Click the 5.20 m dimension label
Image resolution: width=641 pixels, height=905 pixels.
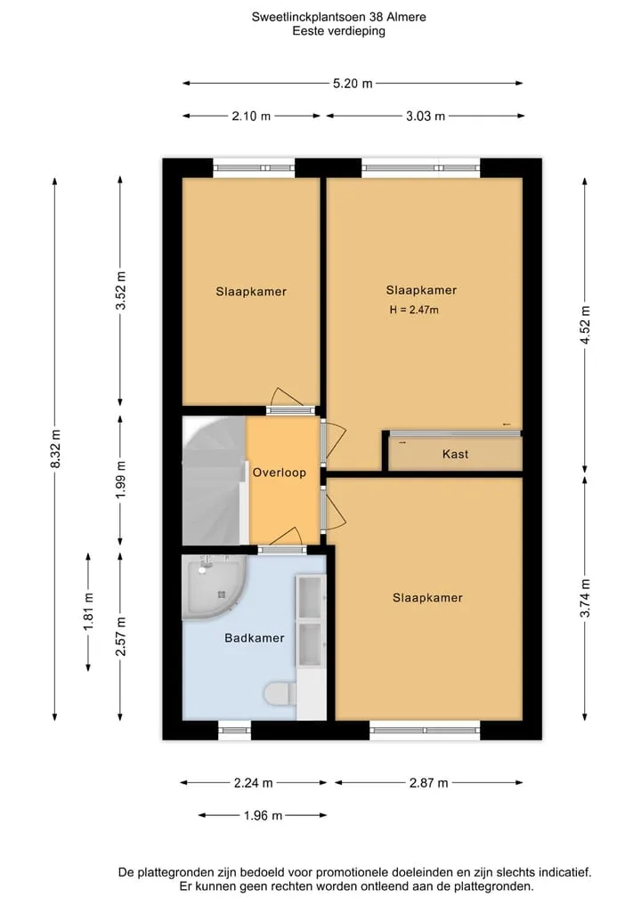353,84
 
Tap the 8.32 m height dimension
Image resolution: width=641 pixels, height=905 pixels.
55,448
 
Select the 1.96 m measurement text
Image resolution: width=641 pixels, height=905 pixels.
263,815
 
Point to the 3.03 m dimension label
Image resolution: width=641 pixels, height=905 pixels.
426,116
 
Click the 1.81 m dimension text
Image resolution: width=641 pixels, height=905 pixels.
88,612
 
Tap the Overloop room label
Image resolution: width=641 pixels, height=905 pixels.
279,473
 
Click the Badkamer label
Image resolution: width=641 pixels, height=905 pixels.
255,638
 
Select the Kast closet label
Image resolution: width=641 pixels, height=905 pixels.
455,454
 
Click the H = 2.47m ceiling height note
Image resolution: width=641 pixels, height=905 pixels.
414,310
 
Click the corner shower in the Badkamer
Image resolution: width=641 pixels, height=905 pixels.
213,586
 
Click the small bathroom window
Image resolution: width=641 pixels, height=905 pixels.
234,730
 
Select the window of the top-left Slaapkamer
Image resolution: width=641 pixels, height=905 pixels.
254,168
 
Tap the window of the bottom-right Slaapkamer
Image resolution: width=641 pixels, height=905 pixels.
425,730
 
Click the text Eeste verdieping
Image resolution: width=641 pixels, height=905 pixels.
338,31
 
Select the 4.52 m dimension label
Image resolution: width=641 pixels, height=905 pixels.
585,325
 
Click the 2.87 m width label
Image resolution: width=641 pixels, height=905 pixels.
428,783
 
